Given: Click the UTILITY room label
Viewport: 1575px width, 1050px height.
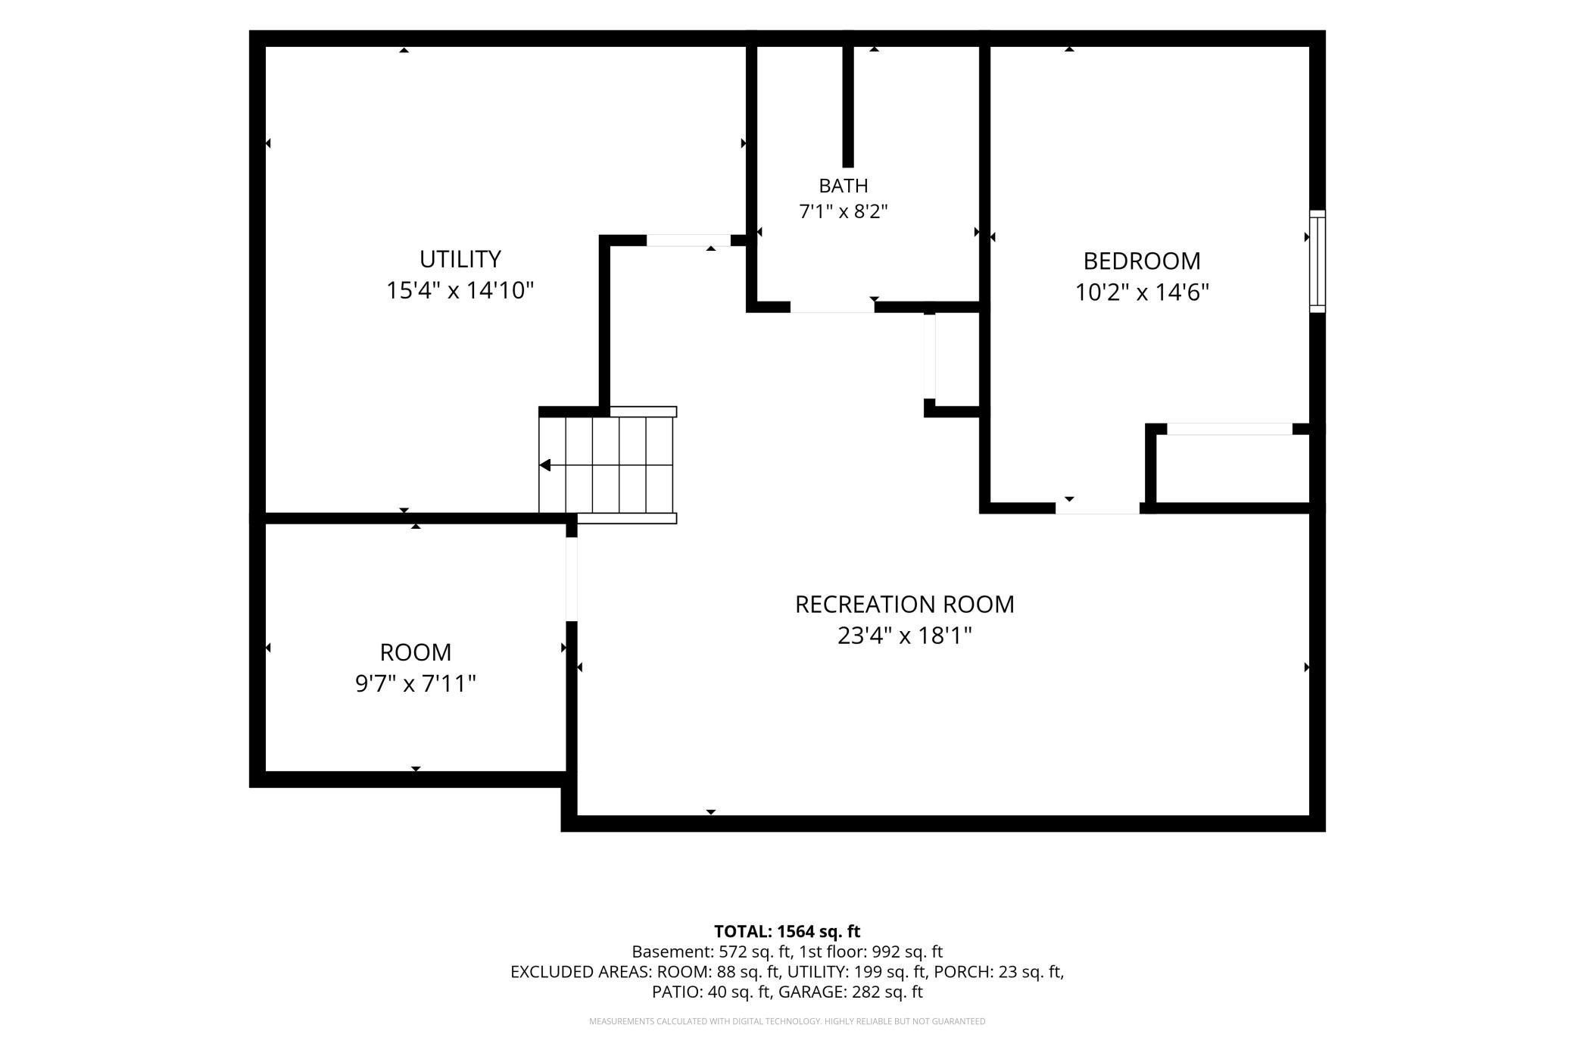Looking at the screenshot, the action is pos(460,259).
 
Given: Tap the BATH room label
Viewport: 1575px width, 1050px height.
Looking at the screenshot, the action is pos(844,186).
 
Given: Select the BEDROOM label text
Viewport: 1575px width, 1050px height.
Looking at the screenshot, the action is pos(1142,261).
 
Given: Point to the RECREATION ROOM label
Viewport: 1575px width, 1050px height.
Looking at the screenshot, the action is pos(905,605).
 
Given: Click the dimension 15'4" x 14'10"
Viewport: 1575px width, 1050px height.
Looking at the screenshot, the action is pos(460,290).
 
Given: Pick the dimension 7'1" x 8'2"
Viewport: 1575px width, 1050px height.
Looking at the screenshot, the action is pos(844,211).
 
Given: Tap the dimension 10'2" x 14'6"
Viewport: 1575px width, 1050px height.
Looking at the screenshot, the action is pos(1142,292).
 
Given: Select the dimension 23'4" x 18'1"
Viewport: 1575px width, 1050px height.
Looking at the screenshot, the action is pos(905,636).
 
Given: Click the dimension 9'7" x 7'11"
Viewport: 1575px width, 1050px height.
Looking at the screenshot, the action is pos(416,684).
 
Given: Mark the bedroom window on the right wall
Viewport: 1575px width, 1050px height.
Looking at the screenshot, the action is pos(1318,261).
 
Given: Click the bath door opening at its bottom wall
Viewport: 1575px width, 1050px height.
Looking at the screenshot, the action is pos(832,307).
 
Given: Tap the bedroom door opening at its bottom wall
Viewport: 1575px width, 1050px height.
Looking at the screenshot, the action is pos(1097,508).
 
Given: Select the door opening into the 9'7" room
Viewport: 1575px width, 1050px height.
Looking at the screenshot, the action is pos(572,579).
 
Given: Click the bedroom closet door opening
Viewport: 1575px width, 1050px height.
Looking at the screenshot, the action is pos(1230,429).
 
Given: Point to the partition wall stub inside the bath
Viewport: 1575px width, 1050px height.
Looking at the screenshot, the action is pos(848,107).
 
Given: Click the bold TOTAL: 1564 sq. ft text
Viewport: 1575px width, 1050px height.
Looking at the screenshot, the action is pos(787,931).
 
